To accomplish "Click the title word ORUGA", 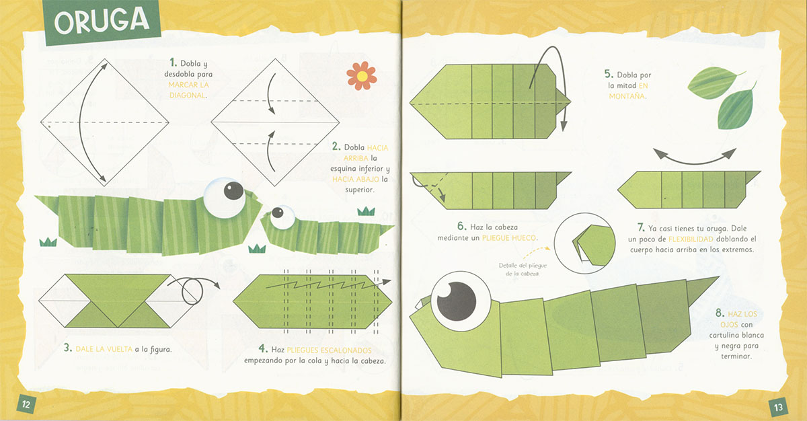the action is click(102, 22).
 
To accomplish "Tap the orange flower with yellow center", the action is click(362, 75).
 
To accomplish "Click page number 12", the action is click(26, 404).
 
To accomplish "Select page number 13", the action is click(778, 408).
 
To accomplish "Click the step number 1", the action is click(173, 63).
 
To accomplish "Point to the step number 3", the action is click(67, 348).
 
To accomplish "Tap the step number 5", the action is click(609, 74).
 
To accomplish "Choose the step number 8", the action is click(720, 313).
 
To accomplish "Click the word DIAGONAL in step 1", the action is click(188, 95).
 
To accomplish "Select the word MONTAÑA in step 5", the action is click(627, 96).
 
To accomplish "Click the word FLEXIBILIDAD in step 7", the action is click(691, 239).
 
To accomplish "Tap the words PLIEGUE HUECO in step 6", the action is click(508, 238).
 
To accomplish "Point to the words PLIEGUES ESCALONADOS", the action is click(329, 350).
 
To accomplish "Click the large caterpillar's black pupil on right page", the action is click(456, 301).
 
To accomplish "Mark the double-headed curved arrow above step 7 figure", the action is click(694, 158).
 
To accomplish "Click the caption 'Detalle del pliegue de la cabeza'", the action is click(523, 270).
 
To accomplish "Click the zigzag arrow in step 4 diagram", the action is click(328, 284).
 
